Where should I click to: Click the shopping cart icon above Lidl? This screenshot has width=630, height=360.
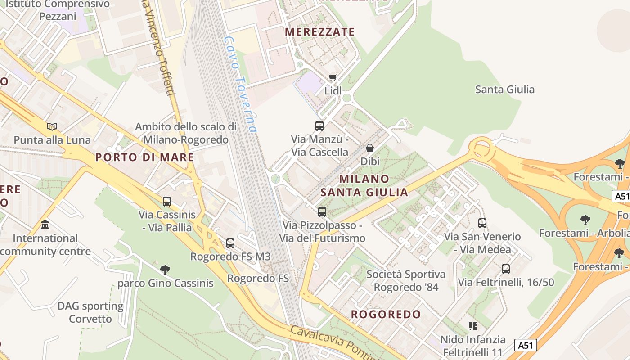coord(333,78)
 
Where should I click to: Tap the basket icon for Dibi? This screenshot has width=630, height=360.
coord(370,148)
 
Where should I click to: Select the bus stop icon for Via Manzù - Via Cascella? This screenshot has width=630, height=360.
coord(319,126)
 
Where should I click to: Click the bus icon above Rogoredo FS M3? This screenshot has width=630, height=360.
coord(230,243)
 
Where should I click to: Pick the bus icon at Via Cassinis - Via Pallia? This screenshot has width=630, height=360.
coord(167,202)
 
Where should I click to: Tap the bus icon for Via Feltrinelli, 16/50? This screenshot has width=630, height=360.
coord(506,269)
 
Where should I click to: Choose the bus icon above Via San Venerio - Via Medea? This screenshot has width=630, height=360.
coord(482,223)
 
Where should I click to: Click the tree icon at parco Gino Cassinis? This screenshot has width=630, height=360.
coord(165,270)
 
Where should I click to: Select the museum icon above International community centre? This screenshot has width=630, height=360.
coord(45,225)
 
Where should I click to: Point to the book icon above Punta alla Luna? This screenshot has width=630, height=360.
coord(52,126)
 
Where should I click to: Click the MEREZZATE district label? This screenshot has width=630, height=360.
coord(320,32)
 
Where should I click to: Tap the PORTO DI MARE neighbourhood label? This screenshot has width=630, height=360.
coord(145,157)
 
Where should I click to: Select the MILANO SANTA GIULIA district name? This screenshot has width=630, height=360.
coord(364,185)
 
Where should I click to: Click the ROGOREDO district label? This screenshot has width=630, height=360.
coord(386,314)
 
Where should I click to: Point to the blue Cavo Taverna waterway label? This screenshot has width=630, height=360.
coord(241,84)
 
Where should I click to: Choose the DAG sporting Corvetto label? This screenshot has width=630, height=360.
coord(90,312)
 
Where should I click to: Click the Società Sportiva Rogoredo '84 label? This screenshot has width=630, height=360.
coord(406,280)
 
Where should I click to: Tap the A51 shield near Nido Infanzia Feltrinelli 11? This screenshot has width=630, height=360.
coord(526,345)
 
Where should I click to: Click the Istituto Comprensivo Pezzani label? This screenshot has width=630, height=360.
coord(57,10)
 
